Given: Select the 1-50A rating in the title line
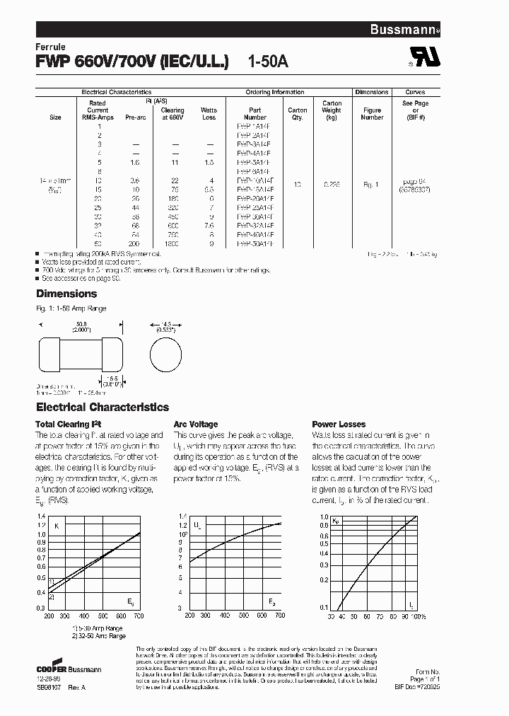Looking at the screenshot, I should pyautogui.click(x=268, y=62).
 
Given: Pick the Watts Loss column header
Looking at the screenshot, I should pyautogui.click(x=209, y=114).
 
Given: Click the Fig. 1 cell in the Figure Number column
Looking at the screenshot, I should pyautogui.click(x=371, y=185).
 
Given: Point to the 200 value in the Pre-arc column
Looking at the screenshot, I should pyautogui.click(x=134, y=243).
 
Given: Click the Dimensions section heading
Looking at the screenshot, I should pyautogui.click(x=66, y=294).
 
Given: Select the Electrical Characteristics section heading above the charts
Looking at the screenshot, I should pyautogui.click(x=103, y=408).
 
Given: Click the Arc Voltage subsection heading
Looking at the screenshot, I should pyautogui.click(x=196, y=425).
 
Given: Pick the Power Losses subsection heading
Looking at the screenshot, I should pyautogui.click(x=339, y=425).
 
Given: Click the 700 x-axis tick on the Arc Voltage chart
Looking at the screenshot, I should pyautogui.click(x=279, y=616).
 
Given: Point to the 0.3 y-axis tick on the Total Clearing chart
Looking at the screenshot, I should pyautogui.click(x=41, y=608).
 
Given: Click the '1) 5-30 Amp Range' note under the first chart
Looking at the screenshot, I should pyautogui.click(x=97, y=628).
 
